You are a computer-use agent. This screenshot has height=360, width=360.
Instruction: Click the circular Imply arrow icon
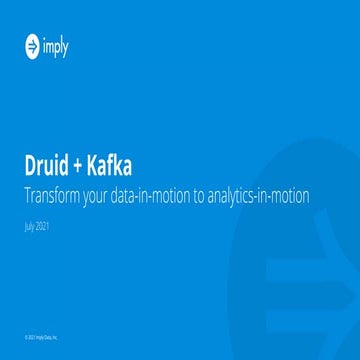(33, 44)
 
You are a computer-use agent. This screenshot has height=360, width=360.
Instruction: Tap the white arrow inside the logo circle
(33, 44)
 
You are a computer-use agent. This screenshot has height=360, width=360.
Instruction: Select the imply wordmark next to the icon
(56, 44)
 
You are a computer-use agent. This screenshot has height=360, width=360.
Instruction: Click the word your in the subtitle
(109, 195)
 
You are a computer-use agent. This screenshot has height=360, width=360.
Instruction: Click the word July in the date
(30, 226)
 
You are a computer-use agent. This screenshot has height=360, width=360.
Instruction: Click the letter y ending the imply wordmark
(67, 46)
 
